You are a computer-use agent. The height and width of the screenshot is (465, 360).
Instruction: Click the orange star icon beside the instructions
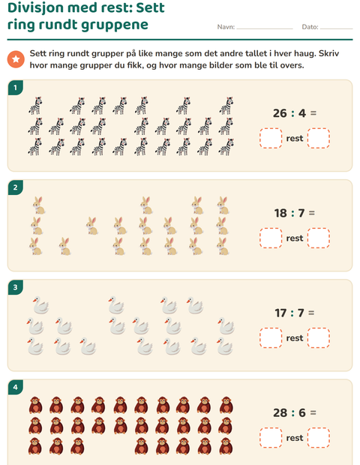(x=16, y=59)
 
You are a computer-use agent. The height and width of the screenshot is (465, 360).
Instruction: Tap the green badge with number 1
(x=16, y=88)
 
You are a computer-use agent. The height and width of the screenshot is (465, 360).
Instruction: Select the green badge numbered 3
(x=16, y=287)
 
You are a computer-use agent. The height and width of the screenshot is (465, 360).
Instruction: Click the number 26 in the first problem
(x=280, y=113)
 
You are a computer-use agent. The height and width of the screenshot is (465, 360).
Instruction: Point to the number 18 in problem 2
(x=280, y=213)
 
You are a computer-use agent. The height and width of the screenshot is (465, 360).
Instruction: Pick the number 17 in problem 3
(x=280, y=313)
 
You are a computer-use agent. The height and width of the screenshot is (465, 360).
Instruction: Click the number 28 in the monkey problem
(x=280, y=412)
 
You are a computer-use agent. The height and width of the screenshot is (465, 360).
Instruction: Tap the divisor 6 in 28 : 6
(x=302, y=412)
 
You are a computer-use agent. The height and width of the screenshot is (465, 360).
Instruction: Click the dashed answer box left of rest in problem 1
(x=271, y=138)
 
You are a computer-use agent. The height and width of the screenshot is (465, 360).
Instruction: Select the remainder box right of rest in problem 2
(x=319, y=238)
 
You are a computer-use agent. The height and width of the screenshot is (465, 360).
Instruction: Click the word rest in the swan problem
(x=295, y=338)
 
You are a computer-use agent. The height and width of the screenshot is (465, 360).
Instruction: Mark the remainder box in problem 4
(x=319, y=438)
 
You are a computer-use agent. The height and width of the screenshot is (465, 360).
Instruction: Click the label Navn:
(x=226, y=27)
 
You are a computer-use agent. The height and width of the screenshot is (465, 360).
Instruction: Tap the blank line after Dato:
(x=337, y=28)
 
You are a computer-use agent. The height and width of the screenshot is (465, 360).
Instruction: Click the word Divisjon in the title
(x=38, y=8)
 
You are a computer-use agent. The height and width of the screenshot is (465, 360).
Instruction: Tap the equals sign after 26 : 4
(x=313, y=113)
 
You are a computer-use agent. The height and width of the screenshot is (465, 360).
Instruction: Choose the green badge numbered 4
(x=16, y=387)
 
